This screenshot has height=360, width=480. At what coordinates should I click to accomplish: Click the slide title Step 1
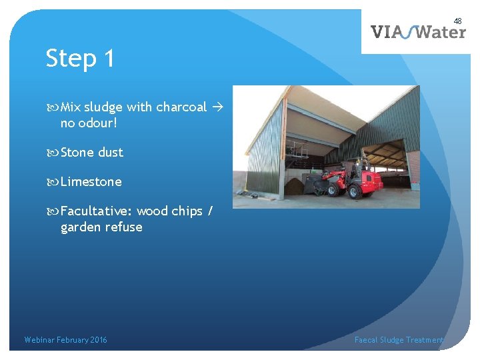coord(80,59)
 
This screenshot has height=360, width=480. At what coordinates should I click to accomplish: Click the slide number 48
coord(457,21)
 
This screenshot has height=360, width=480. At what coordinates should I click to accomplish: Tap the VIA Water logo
coord(418,32)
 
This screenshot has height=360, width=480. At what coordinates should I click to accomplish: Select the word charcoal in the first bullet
coord(181,107)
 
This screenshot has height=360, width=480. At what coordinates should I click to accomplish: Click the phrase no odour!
coord(89,123)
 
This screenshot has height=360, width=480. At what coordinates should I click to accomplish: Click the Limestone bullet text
coord(91,181)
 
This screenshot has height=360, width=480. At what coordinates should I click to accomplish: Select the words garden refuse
coord(101,227)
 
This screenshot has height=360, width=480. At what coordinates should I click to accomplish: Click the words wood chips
coord(169,211)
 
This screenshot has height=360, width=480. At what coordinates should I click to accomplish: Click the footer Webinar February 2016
coord(65,340)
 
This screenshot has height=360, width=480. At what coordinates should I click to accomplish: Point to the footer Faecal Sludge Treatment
coord(399,340)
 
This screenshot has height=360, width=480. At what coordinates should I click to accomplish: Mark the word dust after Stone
coord(111,152)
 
